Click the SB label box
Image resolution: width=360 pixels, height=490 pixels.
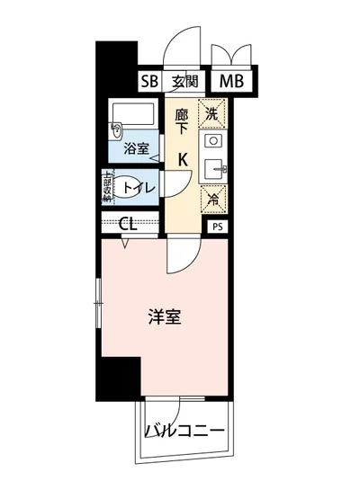tap(148, 82)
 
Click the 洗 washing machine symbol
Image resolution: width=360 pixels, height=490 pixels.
tap(212, 114)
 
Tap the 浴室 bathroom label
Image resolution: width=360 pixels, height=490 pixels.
tap(137, 148)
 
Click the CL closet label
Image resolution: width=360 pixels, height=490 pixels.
tap(129, 225)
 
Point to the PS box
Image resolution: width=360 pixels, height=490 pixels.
tap(218, 227)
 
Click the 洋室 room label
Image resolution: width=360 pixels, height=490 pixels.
tap(165, 316)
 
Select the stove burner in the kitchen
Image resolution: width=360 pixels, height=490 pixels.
tap(212, 141)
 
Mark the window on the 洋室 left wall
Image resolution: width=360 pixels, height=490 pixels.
tap(99, 301)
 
